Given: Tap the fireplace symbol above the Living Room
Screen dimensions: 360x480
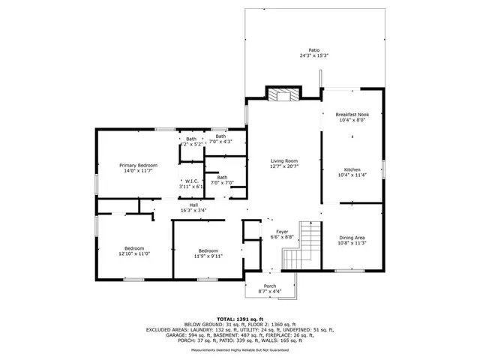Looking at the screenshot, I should [x=283, y=95].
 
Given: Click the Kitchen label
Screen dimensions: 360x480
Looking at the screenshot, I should [x=352, y=169].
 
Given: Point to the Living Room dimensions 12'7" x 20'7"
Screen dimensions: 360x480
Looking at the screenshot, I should [x=284, y=166].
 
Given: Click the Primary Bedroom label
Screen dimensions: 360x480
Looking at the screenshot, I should [x=138, y=165].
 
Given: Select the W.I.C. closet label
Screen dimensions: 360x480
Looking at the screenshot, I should [x=190, y=181].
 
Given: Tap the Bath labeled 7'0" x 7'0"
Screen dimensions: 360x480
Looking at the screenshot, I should [x=223, y=178].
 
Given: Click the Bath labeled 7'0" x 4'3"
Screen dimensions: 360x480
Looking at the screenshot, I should [x=220, y=136].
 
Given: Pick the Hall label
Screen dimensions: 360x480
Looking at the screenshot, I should [x=193, y=205].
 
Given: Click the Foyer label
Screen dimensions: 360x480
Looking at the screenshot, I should [x=282, y=232].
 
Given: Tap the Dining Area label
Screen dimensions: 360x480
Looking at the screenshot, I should [x=351, y=238].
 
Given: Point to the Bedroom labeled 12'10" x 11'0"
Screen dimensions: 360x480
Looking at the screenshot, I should [x=134, y=248].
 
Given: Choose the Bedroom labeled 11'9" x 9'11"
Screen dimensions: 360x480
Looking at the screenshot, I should [x=208, y=250].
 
